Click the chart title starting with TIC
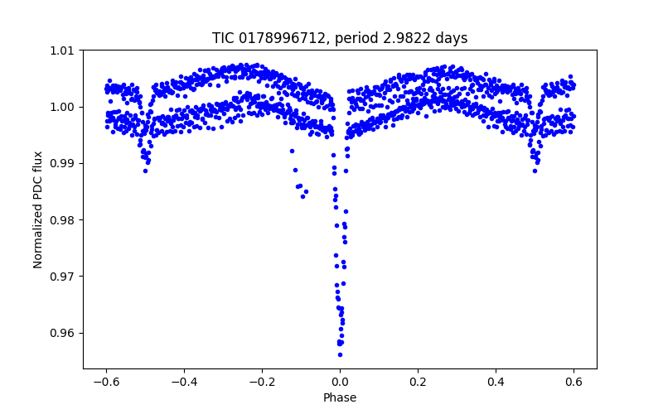click(340, 38)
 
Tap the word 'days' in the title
click(452, 38)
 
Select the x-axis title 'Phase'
click(340, 398)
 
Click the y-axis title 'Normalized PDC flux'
click(38, 209)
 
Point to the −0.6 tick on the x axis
click(105, 381)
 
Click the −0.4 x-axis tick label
click(183, 381)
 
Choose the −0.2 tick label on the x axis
click(261, 381)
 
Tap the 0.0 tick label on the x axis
click(340, 381)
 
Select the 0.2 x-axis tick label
click(418, 381)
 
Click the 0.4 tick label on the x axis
click(496, 381)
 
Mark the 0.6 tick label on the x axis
click(573, 381)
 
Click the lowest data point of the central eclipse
click(340, 354)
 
